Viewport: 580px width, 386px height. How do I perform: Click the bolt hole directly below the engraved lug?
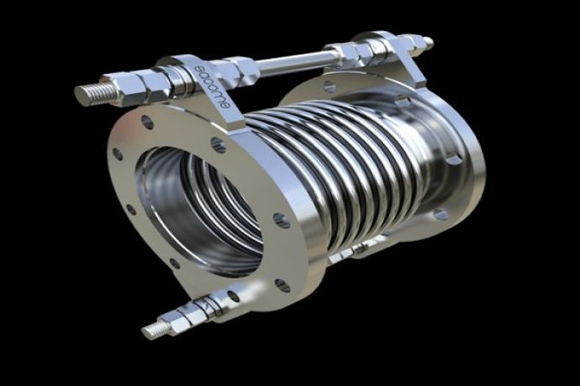coord(217,143)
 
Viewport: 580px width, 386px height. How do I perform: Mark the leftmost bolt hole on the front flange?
coord(118,154)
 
